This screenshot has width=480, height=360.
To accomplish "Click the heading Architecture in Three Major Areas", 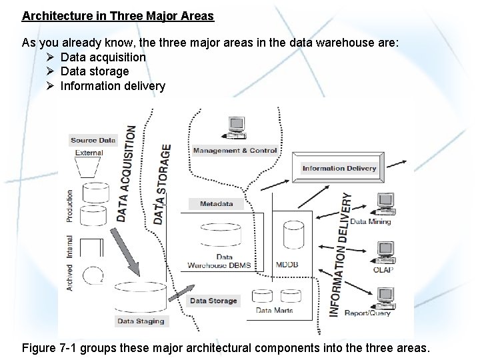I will pyautogui.click(x=117, y=15).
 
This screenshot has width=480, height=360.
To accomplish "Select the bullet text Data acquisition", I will pyautogui.click(x=103, y=57).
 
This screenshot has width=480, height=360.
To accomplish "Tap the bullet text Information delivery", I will pyautogui.click(x=113, y=86).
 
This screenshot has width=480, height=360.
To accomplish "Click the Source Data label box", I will pyautogui.click(x=93, y=140).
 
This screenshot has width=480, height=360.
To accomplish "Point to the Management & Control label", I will pyautogui.click(x=235, y=151).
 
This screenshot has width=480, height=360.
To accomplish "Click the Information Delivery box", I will pyautogui.click(x=339, y=168).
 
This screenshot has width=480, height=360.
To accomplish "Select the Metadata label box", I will pyautogui.click(x=217, y=203).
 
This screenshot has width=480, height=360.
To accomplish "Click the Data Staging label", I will pyautogui.click(x=140, y=321).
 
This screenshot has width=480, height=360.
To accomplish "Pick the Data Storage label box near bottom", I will pyautogui.click(x=213, y=301).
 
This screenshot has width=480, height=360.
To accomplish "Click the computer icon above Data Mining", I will pyautogui.click(x=385, y=203).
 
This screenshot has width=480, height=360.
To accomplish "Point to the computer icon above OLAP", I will pyautogui.click(x=385, y=251).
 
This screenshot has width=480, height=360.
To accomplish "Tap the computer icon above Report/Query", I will pyautogui.click(x=385, y=296).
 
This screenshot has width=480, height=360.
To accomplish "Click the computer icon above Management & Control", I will pyautogui.click(x=235, y=127).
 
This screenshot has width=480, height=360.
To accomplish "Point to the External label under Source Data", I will pyautogui.click(x=89, y=153).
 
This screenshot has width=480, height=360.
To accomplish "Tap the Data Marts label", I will pyautogui.click(x=275, y=310).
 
